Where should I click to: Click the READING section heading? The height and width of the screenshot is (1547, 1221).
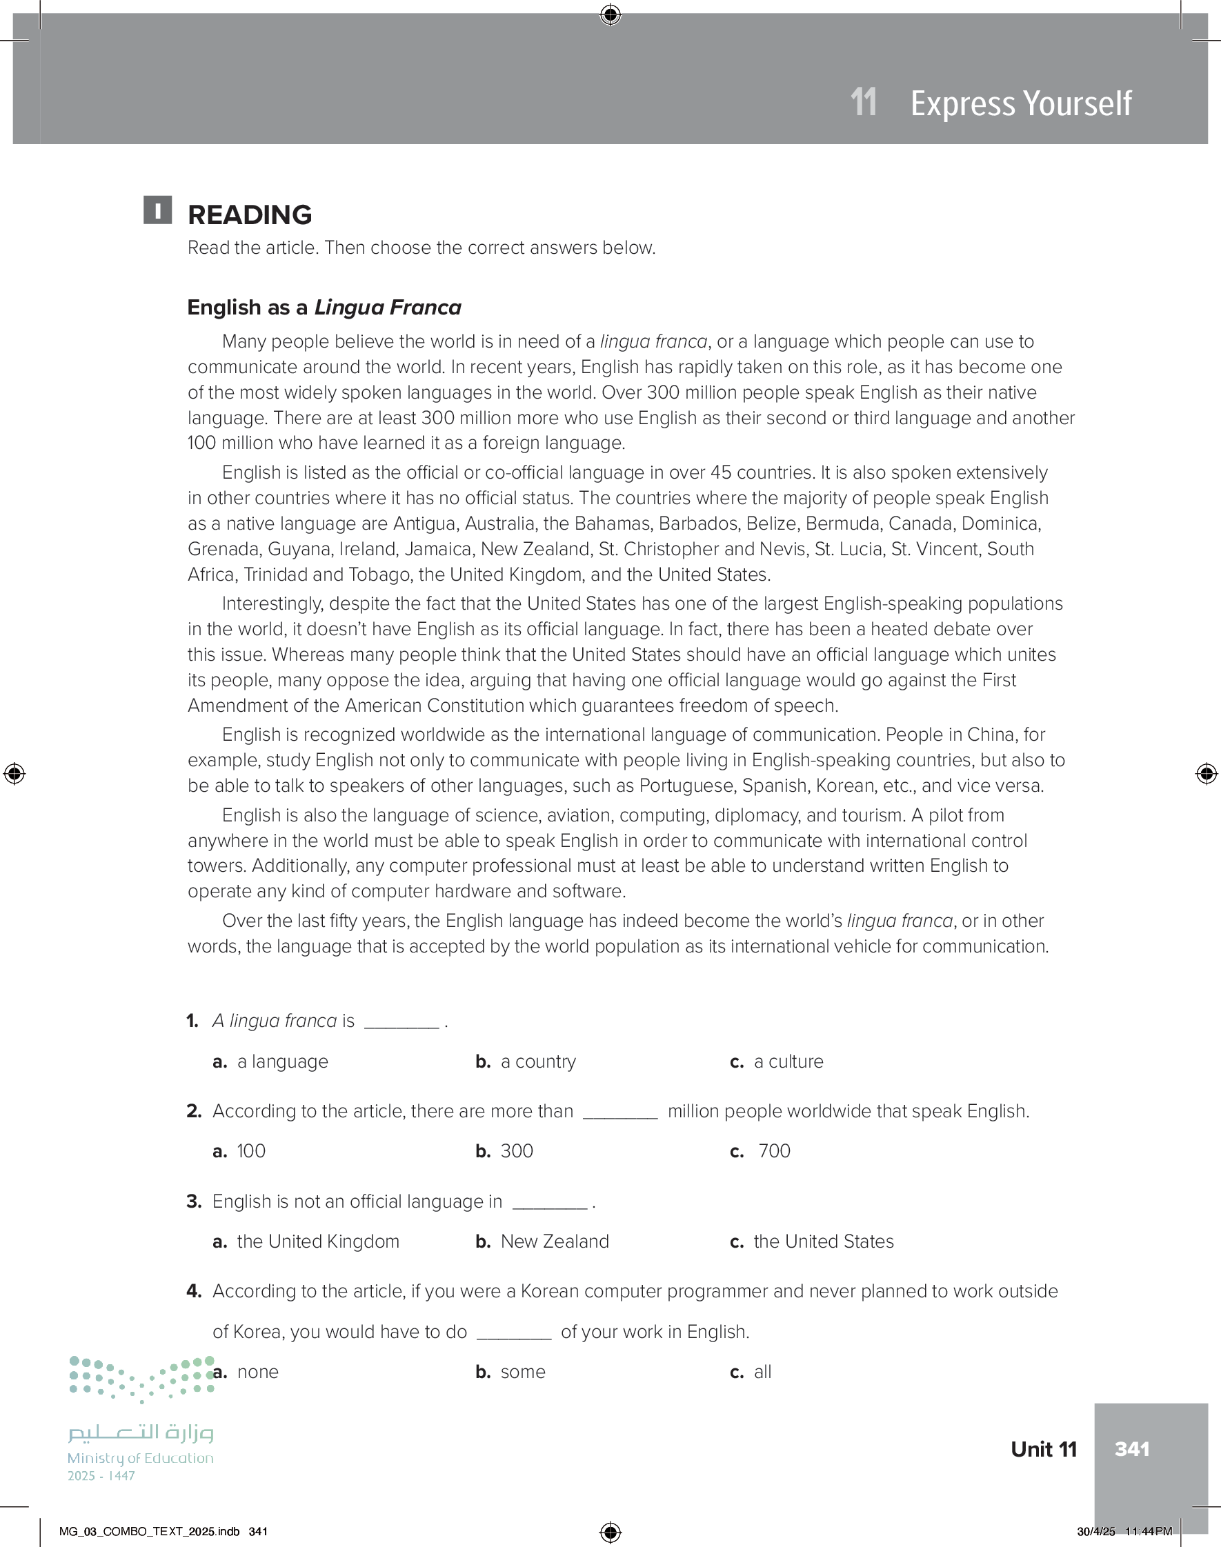tap(250, 214)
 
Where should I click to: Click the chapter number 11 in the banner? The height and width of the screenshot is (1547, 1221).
tap(864, 102)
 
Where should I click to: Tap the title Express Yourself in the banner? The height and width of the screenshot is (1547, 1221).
tap(1020, 103)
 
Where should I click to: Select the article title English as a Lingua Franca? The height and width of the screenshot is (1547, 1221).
tap(324, 307)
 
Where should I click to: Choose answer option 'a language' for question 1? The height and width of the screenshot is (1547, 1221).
tap(282, 1061)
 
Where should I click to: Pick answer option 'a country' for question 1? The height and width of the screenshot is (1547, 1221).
tap(537, 1061)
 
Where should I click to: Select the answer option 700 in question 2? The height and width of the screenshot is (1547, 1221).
tap(773, 1150)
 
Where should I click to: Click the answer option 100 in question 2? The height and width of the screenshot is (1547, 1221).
tap(251, 1150)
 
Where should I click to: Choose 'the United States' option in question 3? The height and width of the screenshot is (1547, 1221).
tap(823, 1241)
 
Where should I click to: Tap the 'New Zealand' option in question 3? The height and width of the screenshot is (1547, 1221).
tap(554, 1241)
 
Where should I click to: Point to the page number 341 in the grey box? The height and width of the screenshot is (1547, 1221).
tap(1131, 1448)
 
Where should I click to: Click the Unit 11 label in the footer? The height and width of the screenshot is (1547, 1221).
tap(1043, 1449)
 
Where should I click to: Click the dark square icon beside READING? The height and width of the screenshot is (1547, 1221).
tap(157, 210)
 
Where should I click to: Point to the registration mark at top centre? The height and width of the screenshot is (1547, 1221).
tap(610, 14)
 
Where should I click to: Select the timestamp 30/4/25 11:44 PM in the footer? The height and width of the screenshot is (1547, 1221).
tap(1124, 1531)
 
